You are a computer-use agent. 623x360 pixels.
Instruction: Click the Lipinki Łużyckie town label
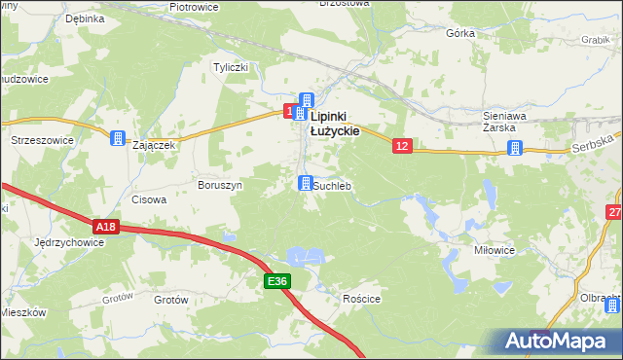pyautogui.click(x=335, y=123)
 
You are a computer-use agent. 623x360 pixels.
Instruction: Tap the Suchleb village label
pyautogui.click(x=332, y=185)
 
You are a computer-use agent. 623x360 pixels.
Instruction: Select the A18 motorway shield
pyautogui.click(x=107, y=227)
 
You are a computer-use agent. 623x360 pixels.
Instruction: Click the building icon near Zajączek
pyautogui.click(x=118, y=138)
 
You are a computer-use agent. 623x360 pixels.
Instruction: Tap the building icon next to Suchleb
pyautogui.click(x=306, y=184)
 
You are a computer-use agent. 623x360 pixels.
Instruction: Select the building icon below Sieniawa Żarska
pyautogui.click(x=515, y=148)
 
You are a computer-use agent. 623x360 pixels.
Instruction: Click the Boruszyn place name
pyautogui.click(x=219, y=184)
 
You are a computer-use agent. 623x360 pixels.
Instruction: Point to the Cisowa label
pyautogui.click(x=149, y=199)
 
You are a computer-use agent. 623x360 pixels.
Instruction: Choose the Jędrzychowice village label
pyautogui.click(x=68, y=241)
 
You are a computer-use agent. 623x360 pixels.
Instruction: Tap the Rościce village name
pyautogui.click(x=361, y=300)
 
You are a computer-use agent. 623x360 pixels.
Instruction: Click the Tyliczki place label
pyautogui.click(x=232, y=67)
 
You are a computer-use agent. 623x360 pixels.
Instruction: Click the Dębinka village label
pyautogui.click(x=85, y=18)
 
